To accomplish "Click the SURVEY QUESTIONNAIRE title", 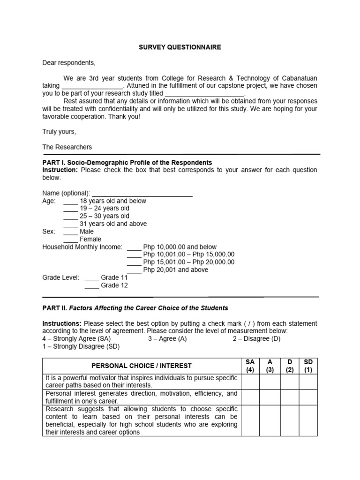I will [x=180, y=47].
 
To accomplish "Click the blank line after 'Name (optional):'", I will [x=142, y=193].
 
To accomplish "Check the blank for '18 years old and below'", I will [x=71, y=201].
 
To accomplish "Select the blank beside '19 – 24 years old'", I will [x=71, y=209].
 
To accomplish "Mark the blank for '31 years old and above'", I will [x=71, y=224].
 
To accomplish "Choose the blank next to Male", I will [x=71, y=232].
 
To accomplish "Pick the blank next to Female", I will [x=71, y=240].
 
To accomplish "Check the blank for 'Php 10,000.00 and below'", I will [x=134, y=247].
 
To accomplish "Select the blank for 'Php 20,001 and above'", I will [x=134, y=270].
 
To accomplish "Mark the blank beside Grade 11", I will [x=91, y=277].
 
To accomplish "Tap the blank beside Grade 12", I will [x=91, y=285].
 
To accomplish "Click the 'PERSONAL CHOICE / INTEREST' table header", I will [x=142, y=366].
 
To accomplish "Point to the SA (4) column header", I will [x=250, y=366].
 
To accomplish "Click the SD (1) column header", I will [x=308, y=366].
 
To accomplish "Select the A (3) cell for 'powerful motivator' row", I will [x=270, y=381].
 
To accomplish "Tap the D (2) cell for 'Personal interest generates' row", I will [x=289, y=397].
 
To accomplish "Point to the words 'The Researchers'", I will [x=67, y=147].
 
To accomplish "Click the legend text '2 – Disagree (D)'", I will [x=256, y=339].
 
